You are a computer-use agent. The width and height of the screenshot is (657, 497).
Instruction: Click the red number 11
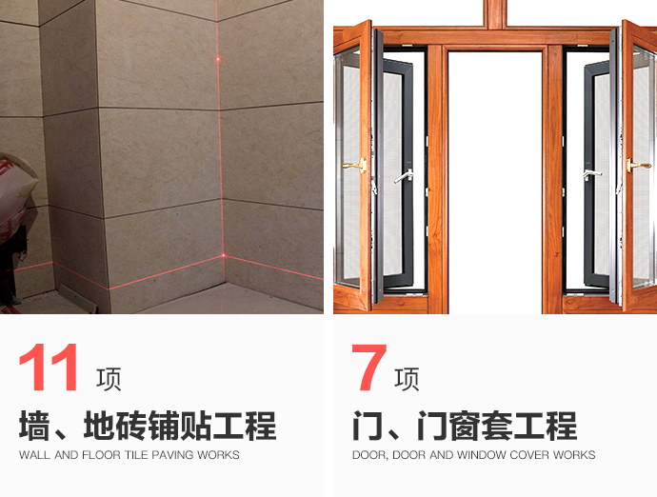coord(49,368)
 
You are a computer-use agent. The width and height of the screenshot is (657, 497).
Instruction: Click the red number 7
coord(368,368)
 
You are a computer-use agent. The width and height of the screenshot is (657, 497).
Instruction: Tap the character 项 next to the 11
coord(109,379)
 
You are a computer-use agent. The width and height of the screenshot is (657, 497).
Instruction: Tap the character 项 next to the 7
coord(407,379)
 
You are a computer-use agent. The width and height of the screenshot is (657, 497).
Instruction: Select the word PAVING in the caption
coord(172,455)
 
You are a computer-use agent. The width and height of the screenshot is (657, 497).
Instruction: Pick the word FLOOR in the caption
coord(101,455)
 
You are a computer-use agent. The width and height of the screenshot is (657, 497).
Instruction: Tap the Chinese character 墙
coord(34,426)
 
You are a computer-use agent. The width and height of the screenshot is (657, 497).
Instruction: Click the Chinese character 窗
coord(465,426)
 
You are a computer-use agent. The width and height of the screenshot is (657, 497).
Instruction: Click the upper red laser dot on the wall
coord(218,59)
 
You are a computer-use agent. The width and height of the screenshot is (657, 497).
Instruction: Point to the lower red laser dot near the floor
coord(224,255)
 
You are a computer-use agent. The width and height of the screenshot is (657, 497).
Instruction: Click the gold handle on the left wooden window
coord(354,166)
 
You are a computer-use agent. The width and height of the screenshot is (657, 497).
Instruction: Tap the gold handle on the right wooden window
coord(638,166)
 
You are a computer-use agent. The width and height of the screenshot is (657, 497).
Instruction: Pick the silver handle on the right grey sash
coord(591,175)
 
